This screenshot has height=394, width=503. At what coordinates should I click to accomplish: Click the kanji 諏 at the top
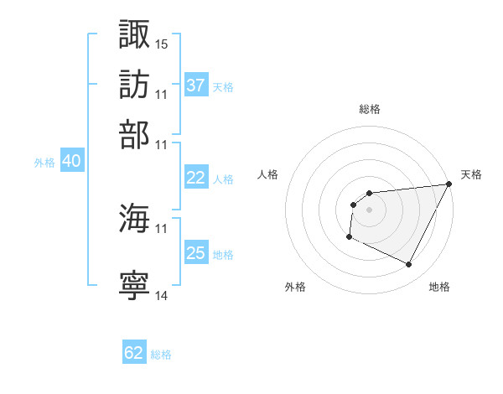(135, 34)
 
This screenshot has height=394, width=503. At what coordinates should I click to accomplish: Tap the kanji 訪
(135, 85)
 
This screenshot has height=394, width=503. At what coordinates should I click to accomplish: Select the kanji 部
(135, 135)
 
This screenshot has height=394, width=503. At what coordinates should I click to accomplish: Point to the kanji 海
(135, 219)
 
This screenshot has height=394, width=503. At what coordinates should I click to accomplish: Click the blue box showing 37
(196, 86)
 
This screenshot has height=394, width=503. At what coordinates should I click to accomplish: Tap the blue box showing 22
(196, 178)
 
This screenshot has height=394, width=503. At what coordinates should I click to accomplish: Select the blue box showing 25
(196, 253)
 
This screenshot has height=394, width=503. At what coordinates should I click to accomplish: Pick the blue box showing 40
(71, 162)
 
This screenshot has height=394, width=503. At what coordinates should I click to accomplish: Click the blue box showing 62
(134, 353)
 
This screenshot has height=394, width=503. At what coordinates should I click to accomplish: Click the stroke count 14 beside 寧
(162, 295)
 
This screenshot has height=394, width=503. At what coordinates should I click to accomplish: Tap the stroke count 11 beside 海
(162, 228)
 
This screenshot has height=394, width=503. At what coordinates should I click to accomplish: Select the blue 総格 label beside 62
(161, 355)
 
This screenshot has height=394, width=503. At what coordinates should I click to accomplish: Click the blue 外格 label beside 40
(44, 163)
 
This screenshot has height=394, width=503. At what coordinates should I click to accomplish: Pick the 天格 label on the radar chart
(471, 174)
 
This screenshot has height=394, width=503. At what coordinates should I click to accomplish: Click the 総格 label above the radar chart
(370, 109)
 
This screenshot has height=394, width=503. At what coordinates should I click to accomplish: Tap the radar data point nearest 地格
(409, 265)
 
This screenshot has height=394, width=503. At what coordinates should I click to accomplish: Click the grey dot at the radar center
(369, 210)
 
